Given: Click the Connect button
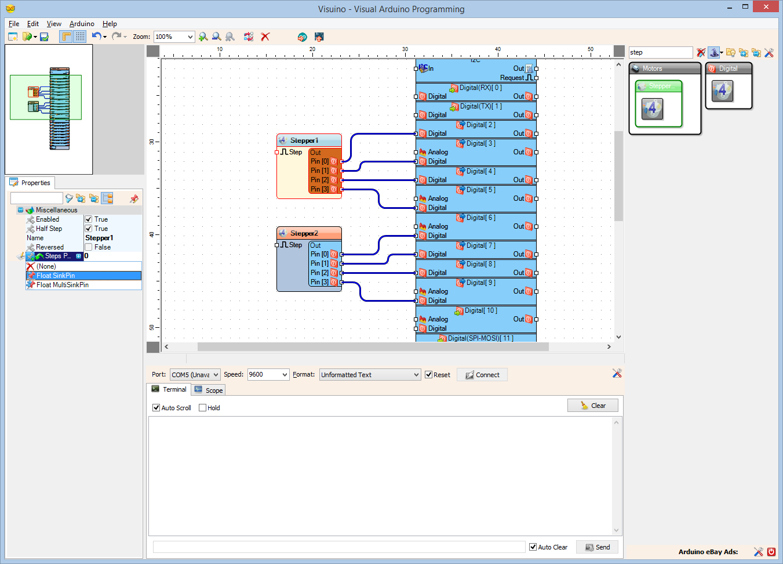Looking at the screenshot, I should tap(482, 375).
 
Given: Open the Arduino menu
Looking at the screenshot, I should tap(82, 24).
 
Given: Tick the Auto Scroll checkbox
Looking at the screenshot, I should tap(156, 408).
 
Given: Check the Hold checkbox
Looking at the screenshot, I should tap(203, 408).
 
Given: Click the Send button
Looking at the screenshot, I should tap(597, 547).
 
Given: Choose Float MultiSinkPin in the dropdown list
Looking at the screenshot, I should tap(63, 285).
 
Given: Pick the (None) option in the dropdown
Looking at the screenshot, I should tap(46, 266).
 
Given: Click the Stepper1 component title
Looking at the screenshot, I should tap(304, 140).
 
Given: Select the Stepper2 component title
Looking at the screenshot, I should tap(304, 233).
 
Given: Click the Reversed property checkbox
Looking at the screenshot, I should tap(89, 247).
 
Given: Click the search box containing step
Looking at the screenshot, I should tap(660, 52).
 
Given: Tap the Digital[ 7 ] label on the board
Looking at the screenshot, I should tap(480, 245).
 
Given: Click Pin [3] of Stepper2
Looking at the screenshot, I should tap(319, 282).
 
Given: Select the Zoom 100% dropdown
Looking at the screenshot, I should tap(174, 37).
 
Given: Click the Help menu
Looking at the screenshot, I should tap(110, 24).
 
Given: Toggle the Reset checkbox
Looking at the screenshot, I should tap(429, 375).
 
